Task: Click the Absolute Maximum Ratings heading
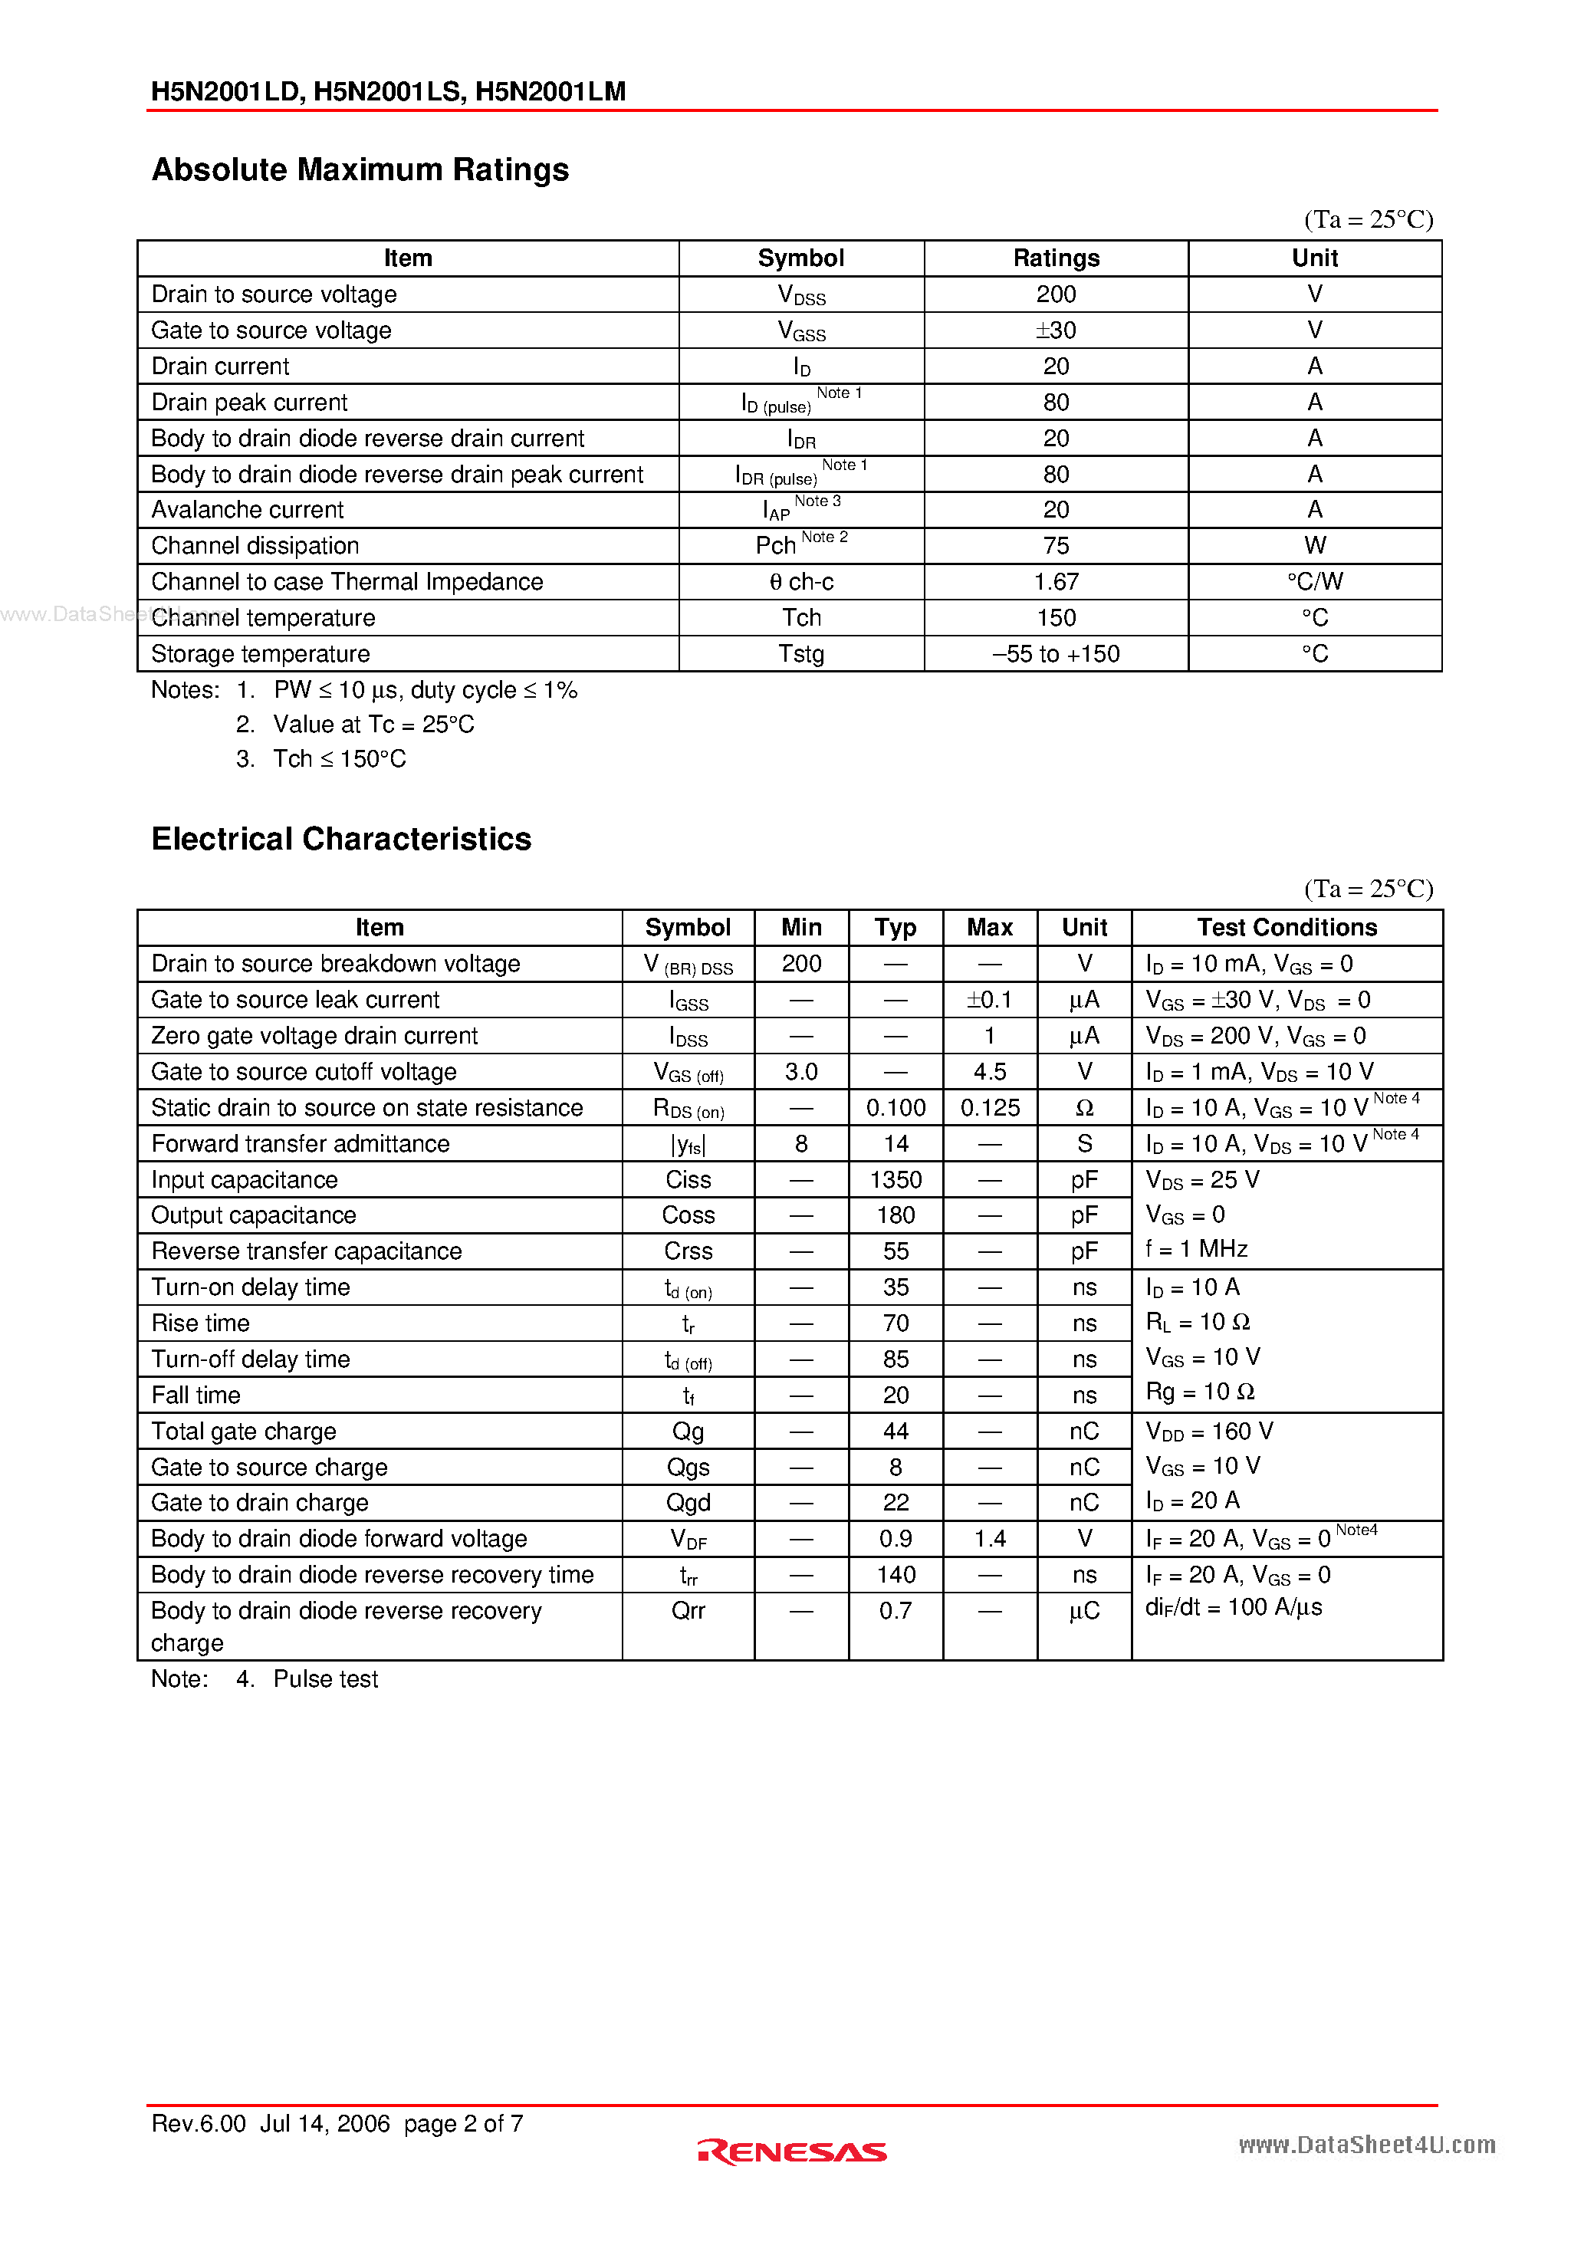pos(360,170)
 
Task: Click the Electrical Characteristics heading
pos(341,839)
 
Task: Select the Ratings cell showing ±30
pos(1055,330)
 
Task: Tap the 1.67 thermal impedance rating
pos(1055,582)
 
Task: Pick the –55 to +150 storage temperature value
pos(1055,654)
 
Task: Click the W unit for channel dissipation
pos(1313,546)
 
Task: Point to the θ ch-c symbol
pos(800,582)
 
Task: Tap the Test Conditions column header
pos(1287,928)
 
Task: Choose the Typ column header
pos(895,928)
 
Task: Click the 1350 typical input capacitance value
pos(895,1179)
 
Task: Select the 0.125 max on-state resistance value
pos(989,1107)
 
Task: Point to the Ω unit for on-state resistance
pos(1084,1107)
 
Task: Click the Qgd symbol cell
pos(688,1503)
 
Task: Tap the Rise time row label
pos(200,1323)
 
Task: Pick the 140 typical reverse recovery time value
pos(895,1575)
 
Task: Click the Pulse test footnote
pos(324,1678)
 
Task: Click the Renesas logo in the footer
pos(791,2152)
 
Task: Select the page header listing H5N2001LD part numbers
pos(388,90)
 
